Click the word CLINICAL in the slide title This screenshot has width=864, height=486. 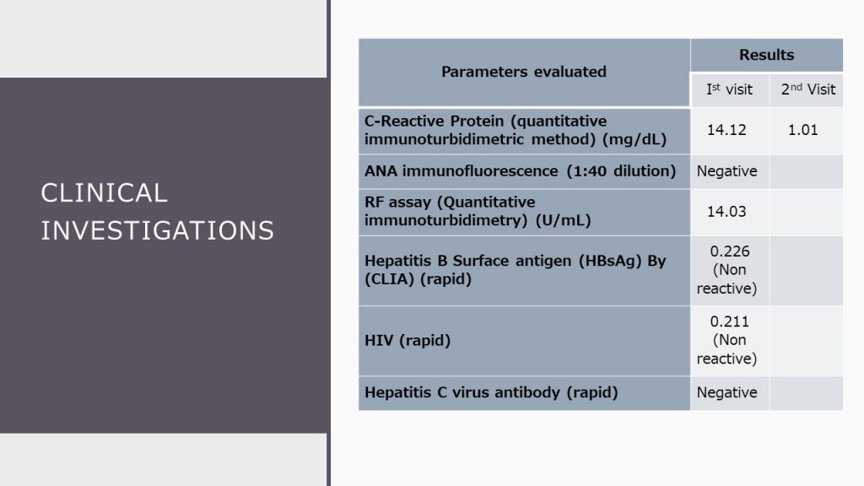pyautogui.click(x=104, y=192)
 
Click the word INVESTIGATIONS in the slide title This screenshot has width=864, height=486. pyautogui.click(x=157, y=230)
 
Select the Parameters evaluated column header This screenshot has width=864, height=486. pyautogui.click(x=523, y=72)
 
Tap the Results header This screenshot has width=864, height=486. pyautogui.click(x=766, y=55)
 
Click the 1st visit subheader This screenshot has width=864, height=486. pyautogui.click(x=729, y=89)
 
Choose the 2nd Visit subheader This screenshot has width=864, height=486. pyautogui.click(x=807, y=89)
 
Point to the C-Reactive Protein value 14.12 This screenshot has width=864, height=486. pyautogui.click(x=726, y=130)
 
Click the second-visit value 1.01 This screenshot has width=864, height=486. pyautogui.click(x=802, y=130)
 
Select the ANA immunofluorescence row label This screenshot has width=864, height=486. pyautogui.click(x=520, y=171)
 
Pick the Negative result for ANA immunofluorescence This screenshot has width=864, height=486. pyautogui.click(x=726, y=171)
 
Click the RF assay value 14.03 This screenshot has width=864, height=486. pyautogui.click(x=726, y=212)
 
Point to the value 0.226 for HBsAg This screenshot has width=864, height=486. pyautogui.click(x=730, y=251)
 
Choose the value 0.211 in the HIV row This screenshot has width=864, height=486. pyautogui.click(x=730, y=321)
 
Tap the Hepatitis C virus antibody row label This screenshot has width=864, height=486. pyautogui.click(x=491, y=392)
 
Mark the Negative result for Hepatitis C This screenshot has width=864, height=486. pyautogui.click(x=726, y=392)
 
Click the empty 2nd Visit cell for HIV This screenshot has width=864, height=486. pyautogui.click(x=806, y=341)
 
